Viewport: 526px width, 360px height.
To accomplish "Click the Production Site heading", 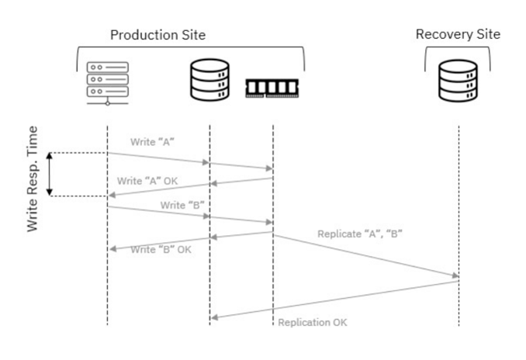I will point(157,35).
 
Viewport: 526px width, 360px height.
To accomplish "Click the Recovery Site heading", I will point(458,34).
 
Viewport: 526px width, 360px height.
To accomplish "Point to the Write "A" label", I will point(151,144).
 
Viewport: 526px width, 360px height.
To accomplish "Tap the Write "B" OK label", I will point(160,250).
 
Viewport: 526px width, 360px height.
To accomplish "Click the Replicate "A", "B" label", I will point(359,234).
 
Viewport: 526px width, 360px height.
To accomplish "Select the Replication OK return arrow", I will point(334,299).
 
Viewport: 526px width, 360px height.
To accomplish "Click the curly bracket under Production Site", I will point(190,54).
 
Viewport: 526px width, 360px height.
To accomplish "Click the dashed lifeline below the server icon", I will point(107,272).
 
